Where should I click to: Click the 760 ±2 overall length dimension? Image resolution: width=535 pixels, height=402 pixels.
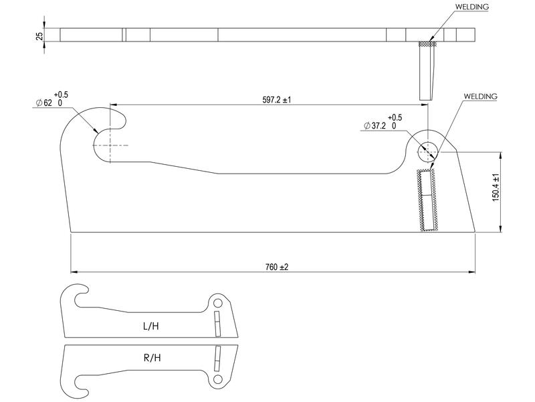pyautogui.click(x=276, y=267)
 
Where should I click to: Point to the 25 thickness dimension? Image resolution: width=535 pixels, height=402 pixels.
pyautogui.click(x=40, y=35)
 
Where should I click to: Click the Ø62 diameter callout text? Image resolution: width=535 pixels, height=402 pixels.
pyautogui.click(x=52, y=103)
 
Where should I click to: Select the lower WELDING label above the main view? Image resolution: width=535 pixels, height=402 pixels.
pyautogui.click(x=480, y=96)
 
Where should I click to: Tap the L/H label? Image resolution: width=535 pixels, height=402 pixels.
pyautogui.click(x=151, y=326)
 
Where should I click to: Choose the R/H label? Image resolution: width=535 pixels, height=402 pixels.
pyautogui.click(x=152, y=358)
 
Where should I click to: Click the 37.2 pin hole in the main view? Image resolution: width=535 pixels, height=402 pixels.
pyautogui.click(x=427, y=151)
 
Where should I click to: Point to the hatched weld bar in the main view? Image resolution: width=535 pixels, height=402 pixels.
pyautogui.click(x=427, y=200)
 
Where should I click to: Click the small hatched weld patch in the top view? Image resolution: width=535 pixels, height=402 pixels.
pyautogui.click(x=426, y=44)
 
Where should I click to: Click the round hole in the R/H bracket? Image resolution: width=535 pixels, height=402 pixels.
pyautogui.click(x=217, y=381)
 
